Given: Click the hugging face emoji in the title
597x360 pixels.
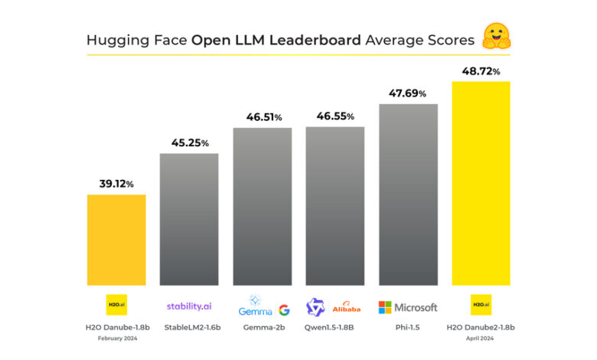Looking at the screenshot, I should pos(496,37).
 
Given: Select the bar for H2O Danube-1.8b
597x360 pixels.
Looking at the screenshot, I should pos(116,239).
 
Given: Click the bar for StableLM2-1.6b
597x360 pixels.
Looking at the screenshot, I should pos(189,219).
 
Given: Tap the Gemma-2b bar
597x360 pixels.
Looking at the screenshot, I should pos(263,206).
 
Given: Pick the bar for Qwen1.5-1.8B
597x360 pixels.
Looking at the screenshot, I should pos(335,205).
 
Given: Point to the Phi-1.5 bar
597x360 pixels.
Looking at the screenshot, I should pos(408,194).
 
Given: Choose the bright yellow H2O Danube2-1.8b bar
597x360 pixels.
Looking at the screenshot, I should pos(481,182).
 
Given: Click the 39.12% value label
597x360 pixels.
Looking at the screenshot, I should pos(116,184).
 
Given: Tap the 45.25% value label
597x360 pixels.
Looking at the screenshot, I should pos(189,143).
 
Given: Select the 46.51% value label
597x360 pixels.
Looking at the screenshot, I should pos(263,117).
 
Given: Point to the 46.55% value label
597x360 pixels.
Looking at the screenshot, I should pos(335,117).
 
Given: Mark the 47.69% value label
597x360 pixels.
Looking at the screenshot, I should pos(408,93).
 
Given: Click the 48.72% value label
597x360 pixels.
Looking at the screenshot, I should pos(481,71).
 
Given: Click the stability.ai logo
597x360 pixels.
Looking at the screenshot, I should pos(189,306).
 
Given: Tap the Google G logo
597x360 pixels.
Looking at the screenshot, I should pos(284,309).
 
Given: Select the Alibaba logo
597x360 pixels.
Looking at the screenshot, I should pos(347,308).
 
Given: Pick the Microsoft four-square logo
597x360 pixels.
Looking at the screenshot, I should pos(386,307).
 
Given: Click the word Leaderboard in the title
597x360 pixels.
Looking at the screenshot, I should pos(315,39).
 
